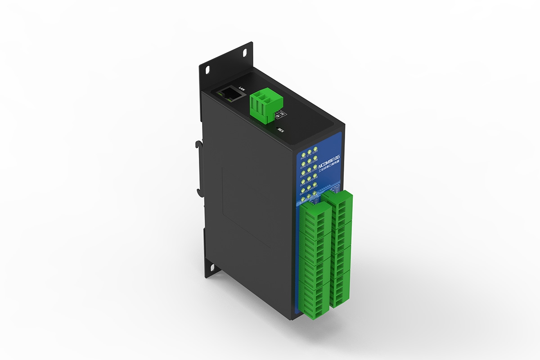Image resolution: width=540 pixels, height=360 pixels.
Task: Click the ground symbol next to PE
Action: point(277,116)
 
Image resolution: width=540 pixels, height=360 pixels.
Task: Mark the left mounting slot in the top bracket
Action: point(207,70)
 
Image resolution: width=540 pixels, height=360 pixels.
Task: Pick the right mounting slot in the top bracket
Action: point(245,52)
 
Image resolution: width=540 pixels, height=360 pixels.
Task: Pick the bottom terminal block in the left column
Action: point(315,301)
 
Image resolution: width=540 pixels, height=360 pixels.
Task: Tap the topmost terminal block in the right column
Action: point(340,207)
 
